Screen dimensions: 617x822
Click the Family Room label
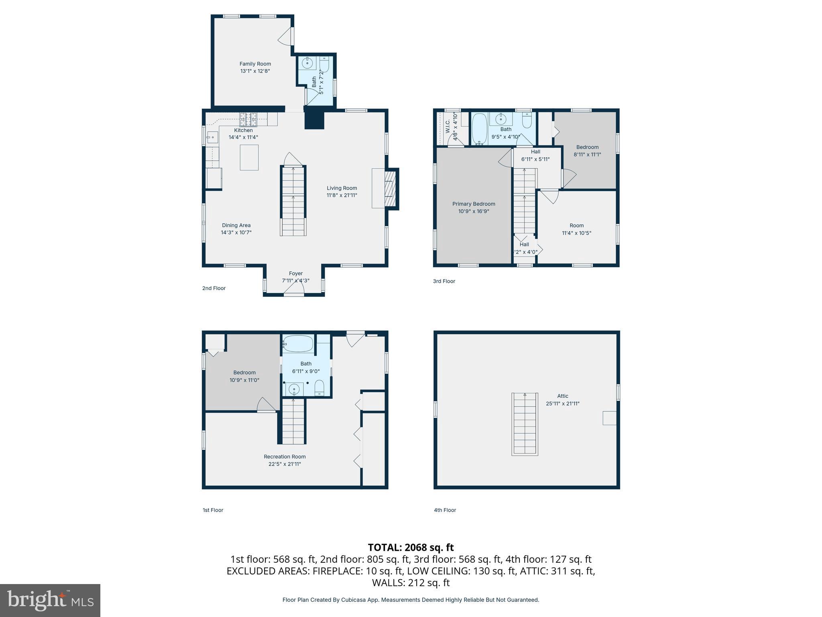click(255, 64)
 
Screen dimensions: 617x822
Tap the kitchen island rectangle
click(249, 157)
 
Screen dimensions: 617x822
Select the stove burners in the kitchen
click(248, 119)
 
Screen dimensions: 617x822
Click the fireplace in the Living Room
click(389, 188)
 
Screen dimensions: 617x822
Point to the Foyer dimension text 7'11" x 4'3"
click(295, 281)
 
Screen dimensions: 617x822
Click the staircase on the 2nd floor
click(293, 201)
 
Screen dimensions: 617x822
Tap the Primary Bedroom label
click(474, 204)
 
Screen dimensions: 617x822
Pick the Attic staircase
click(524, 424)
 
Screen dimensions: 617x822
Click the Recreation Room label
click(285, 457)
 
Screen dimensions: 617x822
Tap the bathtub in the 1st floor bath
click(297, 344)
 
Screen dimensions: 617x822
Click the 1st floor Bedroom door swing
click(265, 405)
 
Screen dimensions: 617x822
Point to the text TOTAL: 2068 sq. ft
click(411, 548)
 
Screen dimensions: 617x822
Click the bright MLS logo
click(50, 600)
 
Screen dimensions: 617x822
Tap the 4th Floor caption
click(445, 510)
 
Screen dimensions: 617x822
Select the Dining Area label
click(236, 225)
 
